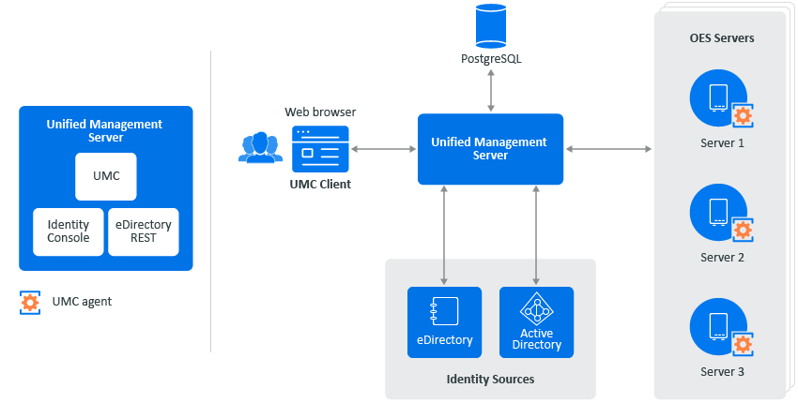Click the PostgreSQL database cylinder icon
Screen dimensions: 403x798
[x=491, y=26]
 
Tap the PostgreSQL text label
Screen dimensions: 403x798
[x=491, y=59]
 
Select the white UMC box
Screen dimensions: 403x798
[x=106, y=176]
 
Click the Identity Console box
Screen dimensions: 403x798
[x=69, y=231]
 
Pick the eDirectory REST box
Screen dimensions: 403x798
[x=143, y=231]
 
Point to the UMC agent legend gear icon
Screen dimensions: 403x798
[x=31, y=302]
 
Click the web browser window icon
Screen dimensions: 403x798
[x=319, y=147]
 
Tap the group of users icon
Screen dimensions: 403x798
[x=260, y=148]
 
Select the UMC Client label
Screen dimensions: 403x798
[x=320, y=185]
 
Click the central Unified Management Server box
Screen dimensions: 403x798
[x=490, y=149]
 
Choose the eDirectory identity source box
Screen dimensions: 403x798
[x=444, y=321]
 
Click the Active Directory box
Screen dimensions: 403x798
[x=536, y=321]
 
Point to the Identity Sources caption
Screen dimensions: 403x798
[x=490, y=380]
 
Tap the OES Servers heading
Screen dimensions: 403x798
[x=722, y=38]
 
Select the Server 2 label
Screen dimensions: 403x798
[x=722, y=258]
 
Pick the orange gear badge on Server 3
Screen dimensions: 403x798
[x=743, y=344]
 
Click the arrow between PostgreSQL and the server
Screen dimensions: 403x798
[x=491, y=91]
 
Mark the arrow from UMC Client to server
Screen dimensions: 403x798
[x=383, y=148]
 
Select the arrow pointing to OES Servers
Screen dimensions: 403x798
[x=608, y=148]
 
